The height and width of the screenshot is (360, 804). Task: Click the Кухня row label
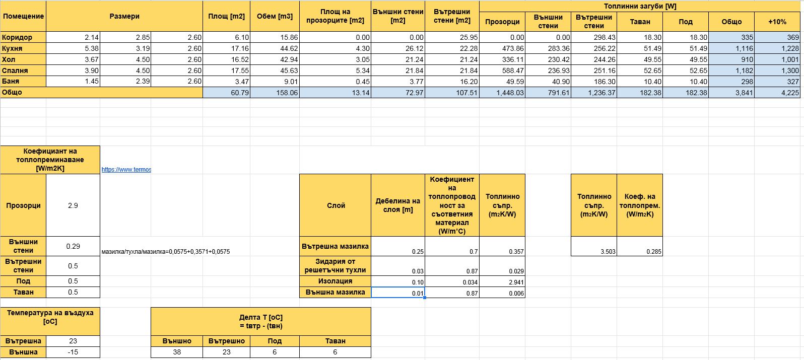click(x=12, y=48)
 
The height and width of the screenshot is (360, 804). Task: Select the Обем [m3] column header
click(x=275, y=16)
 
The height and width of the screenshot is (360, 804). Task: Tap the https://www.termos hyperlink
click(x=126, y=170)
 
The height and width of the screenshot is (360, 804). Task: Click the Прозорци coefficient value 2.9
click(x=73, y=205)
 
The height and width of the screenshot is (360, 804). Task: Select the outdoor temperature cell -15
click(x=73, y=352)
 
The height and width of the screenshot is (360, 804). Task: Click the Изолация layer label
click(x=335, y=281)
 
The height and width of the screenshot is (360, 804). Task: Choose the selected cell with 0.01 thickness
click(x=398, y=293)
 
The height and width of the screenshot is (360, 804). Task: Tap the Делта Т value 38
click(x=177, y=352)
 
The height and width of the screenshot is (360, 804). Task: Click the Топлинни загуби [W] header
click(x=640, y=6)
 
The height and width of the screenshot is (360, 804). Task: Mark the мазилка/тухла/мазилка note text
click(x=166, y=251)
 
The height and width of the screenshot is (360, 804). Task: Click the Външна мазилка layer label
click(x=335, y=292)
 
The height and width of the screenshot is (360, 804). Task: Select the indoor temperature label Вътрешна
click(x=23, y=341)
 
